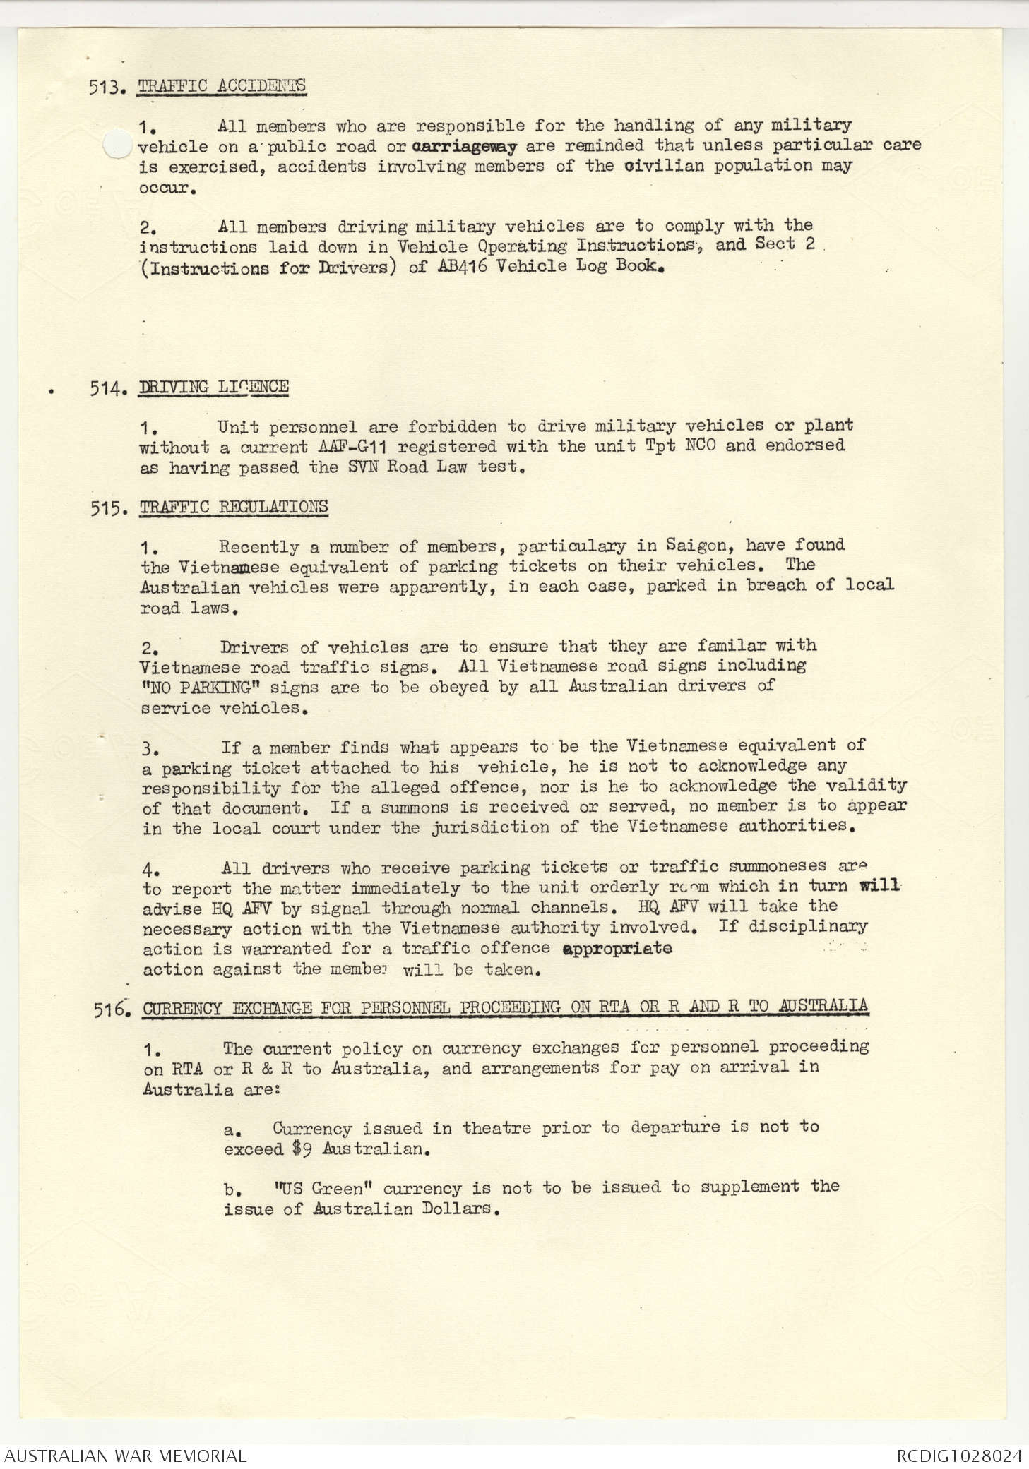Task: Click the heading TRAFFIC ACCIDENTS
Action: pyautogui.click(x=222, y=86)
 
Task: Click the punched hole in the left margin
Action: pyautogui.click(x=117, y=145)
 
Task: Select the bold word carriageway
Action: pyautogui.click(x=463, y=147)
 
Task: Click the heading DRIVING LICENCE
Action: pyautogui.click(x=214, y=387)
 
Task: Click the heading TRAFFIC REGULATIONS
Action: pyautogui.click(x=234, y=508)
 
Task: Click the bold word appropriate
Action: pyautogui.click(x=617, y=948)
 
